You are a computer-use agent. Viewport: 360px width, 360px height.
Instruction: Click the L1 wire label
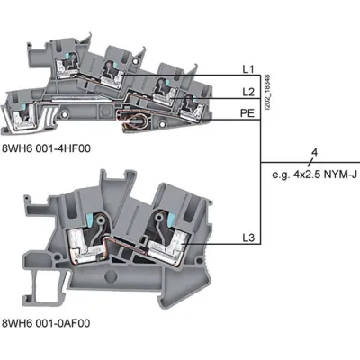pyautogui.click(x=248, y=69)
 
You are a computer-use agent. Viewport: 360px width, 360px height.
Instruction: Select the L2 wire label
pyautogui.click(x=248, y=92)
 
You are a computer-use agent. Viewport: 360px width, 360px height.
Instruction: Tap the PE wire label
pyautogui.click(x=247, y=113)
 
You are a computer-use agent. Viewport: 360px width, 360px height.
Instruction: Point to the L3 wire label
pyautogui.click(x=248, y=238)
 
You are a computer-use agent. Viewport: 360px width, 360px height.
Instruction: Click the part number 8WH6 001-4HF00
pyautogui.click(x=46, y=148)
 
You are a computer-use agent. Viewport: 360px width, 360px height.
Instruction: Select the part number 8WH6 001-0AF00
pyautogui.click(x=46, y=323)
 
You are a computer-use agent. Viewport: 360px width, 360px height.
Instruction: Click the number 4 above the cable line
pyautogui.click(x=314, y=152)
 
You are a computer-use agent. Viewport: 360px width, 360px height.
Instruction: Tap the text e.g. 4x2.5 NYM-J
pyautogui.click(x=315, y=175)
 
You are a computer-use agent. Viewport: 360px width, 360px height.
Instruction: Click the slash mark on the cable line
pyautogui.click(x=310, y=162)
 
